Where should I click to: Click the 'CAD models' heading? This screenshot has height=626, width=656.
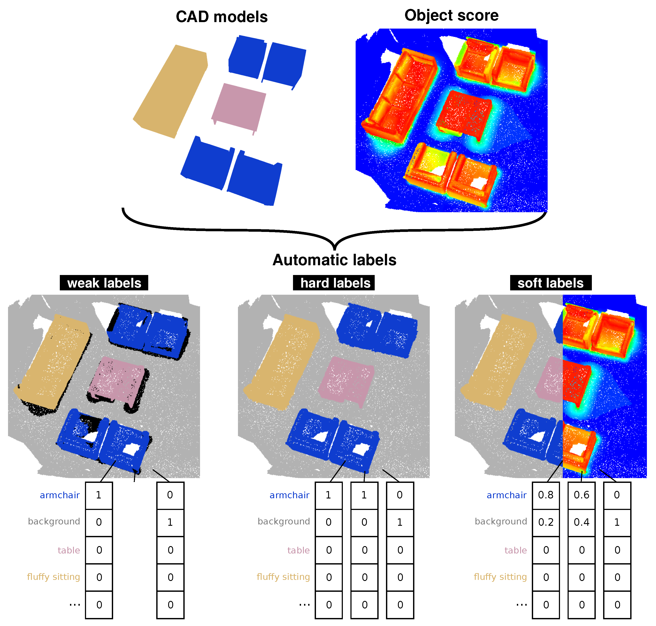[221, 17]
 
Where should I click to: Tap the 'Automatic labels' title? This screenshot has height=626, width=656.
[334, 260]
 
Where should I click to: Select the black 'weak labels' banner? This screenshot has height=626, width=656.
[104, 283]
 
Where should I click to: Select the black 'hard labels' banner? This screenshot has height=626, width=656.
[334, 283]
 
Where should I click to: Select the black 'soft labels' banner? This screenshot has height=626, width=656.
[550, 283]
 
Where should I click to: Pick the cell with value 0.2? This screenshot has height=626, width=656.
[546, 522]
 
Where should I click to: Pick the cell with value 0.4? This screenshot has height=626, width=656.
[581, 522]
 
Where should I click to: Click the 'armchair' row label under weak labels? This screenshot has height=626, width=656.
[60, 495]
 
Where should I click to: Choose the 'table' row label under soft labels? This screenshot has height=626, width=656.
[515, 550]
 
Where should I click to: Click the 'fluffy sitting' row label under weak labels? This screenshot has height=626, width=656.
[54, 577]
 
